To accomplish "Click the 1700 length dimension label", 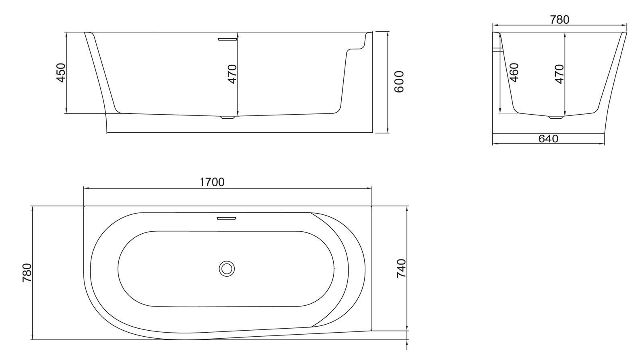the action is (212, 182).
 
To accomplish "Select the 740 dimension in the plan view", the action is (401, 268).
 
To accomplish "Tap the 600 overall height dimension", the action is (399, 82).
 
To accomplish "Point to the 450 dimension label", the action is (61, 73).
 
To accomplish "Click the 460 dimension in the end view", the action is (514, 72).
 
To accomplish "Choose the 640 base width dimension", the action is (548, 139).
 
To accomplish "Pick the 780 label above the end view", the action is (559, 20).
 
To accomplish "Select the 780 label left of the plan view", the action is (27, 273).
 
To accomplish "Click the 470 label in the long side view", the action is (232, 74).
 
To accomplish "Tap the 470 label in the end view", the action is (559, 74).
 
